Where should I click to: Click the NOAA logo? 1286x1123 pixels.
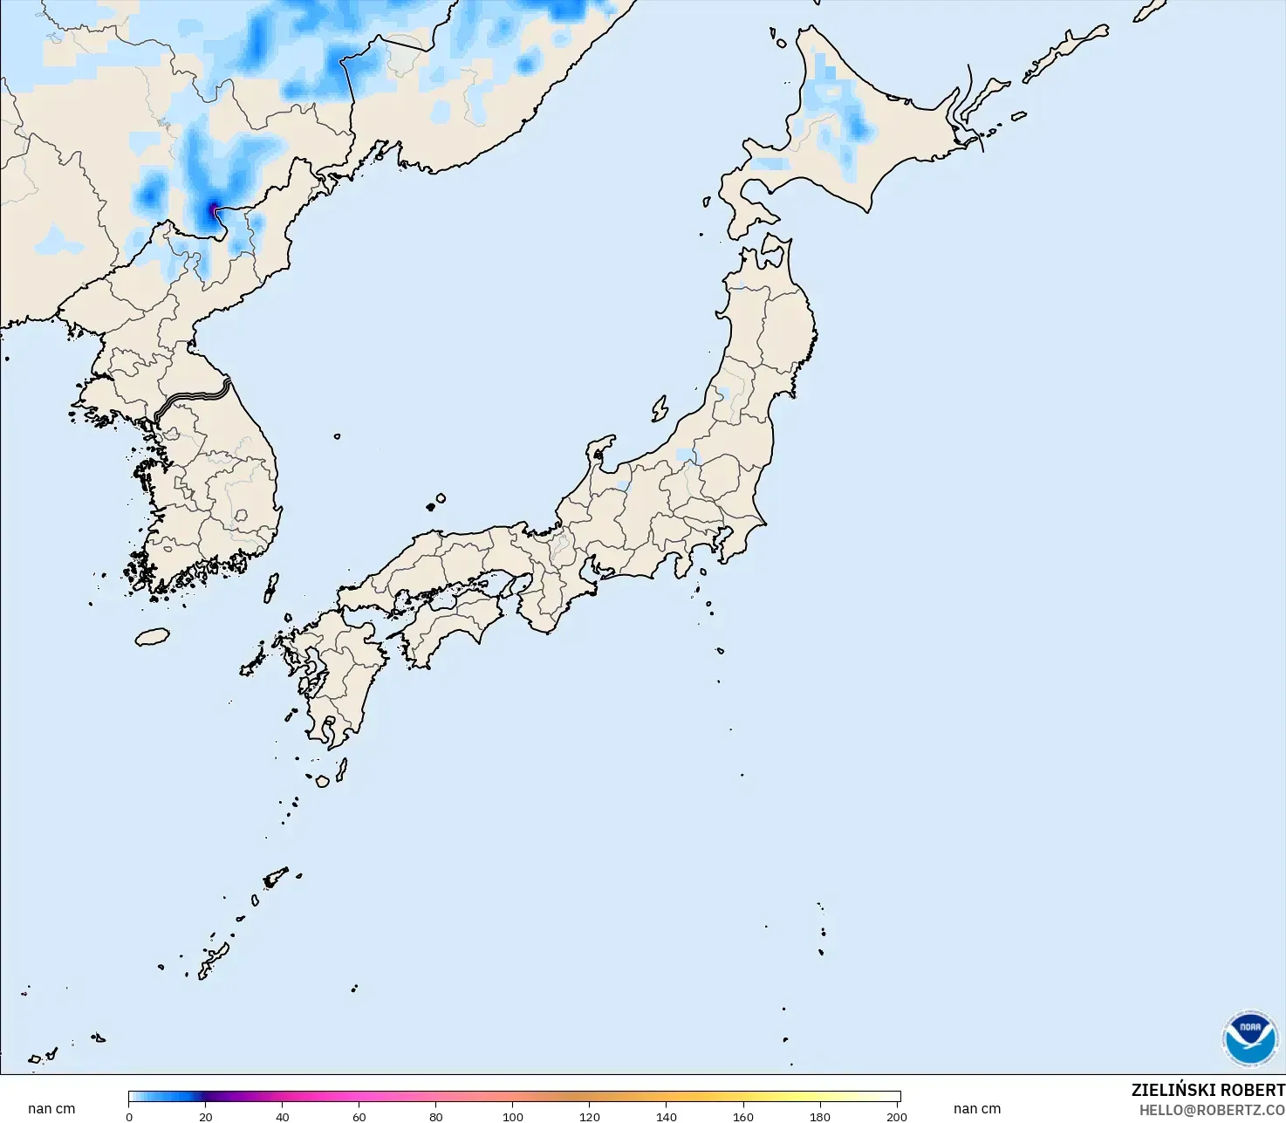[1249, 1038]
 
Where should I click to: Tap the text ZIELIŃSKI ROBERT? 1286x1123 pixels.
[1207, 1090]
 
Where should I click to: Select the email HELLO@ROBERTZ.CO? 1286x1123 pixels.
[1212, 1110]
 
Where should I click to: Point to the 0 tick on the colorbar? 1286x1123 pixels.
[129, 1116]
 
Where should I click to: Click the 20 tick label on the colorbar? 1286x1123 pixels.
[206, 1116]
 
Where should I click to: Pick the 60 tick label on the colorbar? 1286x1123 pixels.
[359, 1116]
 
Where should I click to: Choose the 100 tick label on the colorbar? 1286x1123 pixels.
[513, 1116]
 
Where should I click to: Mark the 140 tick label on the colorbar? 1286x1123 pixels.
[667, 1116]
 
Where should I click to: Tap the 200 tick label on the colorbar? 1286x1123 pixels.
[897, 1116]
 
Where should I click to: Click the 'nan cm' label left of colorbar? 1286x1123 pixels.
[51, 1109]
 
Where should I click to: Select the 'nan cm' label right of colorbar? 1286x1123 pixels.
[977, 1109]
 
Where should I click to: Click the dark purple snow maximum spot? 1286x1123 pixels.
[214, 209]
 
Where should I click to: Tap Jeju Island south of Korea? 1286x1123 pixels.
[152, 637]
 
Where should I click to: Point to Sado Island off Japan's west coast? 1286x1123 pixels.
[660, 408]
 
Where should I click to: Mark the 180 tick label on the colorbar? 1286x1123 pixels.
[820, 1116]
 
